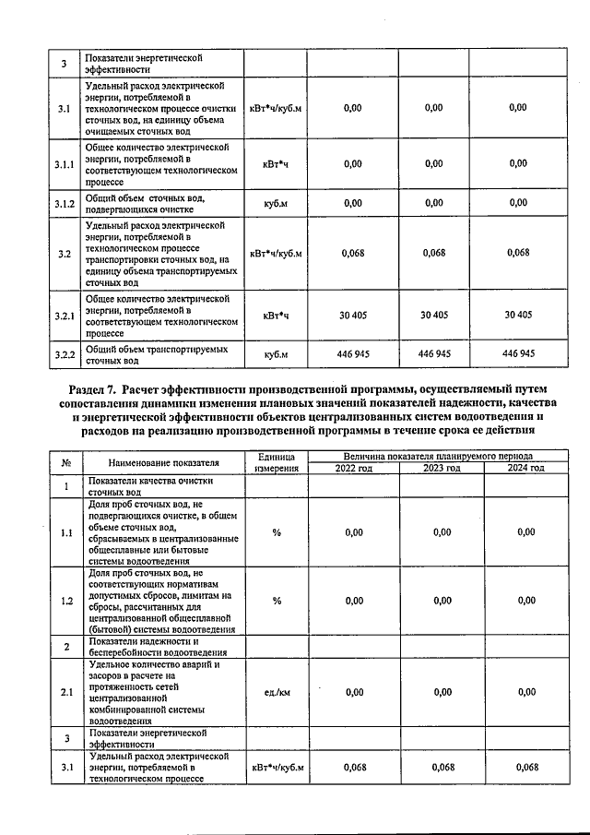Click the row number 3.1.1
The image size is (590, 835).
[64, 163]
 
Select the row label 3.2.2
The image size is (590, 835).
[64, 354]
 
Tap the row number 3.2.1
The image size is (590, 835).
[64, 316]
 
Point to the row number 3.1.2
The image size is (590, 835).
[64, 203]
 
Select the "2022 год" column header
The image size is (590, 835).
[353, 469]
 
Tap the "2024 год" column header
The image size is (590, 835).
[525, 469]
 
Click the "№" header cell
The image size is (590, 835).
[66, 462]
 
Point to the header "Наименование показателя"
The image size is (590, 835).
[163, 462]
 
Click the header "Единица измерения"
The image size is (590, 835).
[277, 462]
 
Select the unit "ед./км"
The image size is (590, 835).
[277, 692]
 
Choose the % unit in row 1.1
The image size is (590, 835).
[277, 532]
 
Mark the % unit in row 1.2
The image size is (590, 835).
[277, 601]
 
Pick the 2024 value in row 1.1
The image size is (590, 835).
[525, 532]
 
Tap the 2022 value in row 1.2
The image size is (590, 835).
[353, 601]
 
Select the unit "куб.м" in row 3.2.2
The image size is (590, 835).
[277, 354]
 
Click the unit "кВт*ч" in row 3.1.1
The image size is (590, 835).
[277, 163]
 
